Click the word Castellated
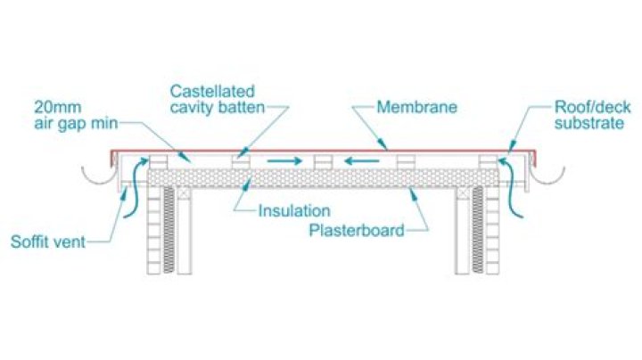(x=214, y=92)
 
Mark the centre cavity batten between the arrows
(x=325, y=161)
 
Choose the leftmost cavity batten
(x=159, y=161)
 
